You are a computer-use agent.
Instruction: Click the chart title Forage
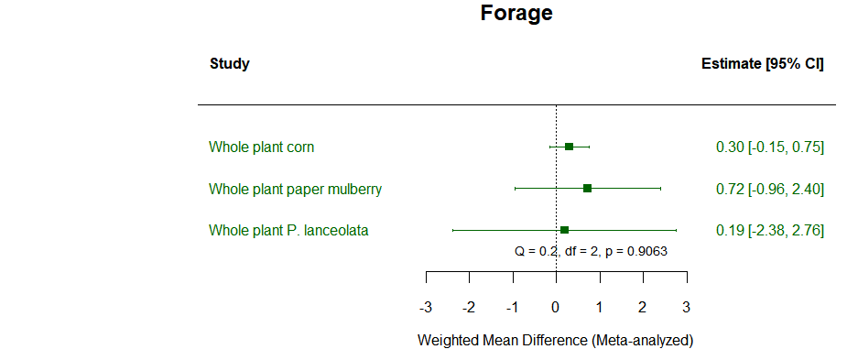[x=516, y=14]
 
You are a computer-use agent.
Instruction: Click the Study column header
[x=229, y=64]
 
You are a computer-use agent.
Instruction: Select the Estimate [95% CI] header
[x=762, y=64]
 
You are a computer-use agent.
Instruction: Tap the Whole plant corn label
[x=262, y=147]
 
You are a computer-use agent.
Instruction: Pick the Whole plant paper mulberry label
[x=295, y=190]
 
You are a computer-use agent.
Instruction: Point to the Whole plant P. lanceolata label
[x=288, y=231]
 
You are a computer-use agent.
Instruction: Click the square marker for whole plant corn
[x=569, y=147]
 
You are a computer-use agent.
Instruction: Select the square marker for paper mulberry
[x=587, y=189]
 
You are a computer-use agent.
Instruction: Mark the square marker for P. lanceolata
[x=564, y=230]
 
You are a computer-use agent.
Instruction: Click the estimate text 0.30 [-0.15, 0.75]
[x=769, y=147]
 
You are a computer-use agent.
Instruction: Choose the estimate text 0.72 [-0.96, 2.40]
[x=769, y=190]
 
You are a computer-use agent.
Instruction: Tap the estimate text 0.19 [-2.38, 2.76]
[x=769, y=231]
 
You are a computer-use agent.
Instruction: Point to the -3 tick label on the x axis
[x=425, y=307]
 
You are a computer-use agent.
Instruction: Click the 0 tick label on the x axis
[x=556, y=307]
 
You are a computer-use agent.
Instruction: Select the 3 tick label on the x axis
[x=686, y=307]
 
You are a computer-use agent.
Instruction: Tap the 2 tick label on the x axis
[x=643, y=307]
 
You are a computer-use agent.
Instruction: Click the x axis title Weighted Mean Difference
[x=555, y=340]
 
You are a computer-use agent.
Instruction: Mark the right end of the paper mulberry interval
[x=660, y=189]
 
